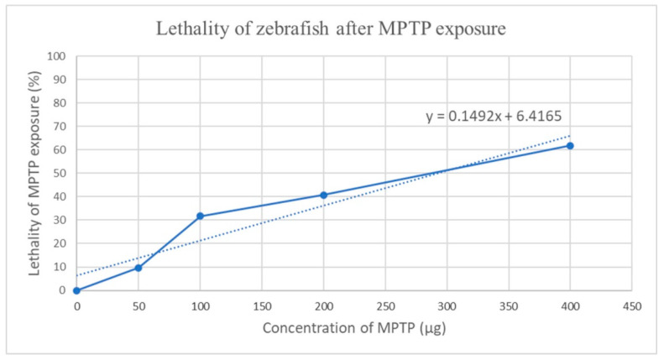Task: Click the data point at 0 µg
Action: (76, 290)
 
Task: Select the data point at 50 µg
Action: (139, 268)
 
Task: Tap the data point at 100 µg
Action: (200, 217)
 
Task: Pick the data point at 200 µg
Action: (323, 196)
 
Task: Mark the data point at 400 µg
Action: (570, 146)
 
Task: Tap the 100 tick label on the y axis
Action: (58, 56)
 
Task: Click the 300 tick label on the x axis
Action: (447, 305)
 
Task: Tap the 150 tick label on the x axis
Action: (261, 305)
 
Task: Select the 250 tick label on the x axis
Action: (384, 305)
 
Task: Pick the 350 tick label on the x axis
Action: (508, 305)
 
